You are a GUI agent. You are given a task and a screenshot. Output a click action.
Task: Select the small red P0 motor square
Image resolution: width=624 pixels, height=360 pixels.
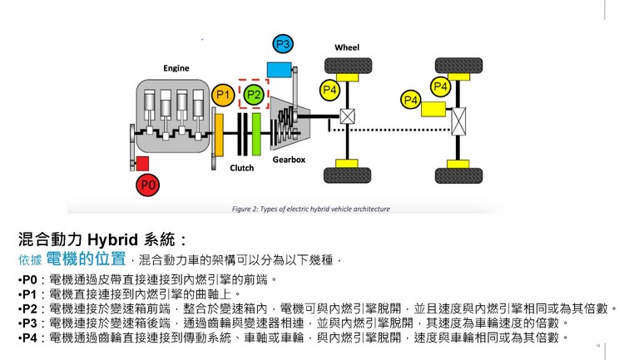[142, 164]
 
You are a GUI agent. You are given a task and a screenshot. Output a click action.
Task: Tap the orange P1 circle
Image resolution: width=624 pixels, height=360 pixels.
[222, 96]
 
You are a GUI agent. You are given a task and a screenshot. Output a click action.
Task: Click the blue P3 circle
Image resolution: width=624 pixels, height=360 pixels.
[283, 44]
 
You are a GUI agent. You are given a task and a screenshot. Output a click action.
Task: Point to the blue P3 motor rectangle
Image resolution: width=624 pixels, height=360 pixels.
[278, 68]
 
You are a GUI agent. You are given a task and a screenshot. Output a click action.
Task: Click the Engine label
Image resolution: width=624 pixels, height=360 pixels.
[176, 67]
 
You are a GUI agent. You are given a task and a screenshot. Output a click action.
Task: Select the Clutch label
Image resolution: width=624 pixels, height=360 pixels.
[241, 167]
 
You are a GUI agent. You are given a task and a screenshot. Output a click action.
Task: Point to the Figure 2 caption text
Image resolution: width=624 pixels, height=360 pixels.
[310, 209]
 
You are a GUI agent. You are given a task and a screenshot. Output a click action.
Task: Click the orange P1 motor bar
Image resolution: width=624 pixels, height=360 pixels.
[220, 134]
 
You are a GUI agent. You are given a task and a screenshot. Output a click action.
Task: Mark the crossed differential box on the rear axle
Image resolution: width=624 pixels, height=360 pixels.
[458, 124]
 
